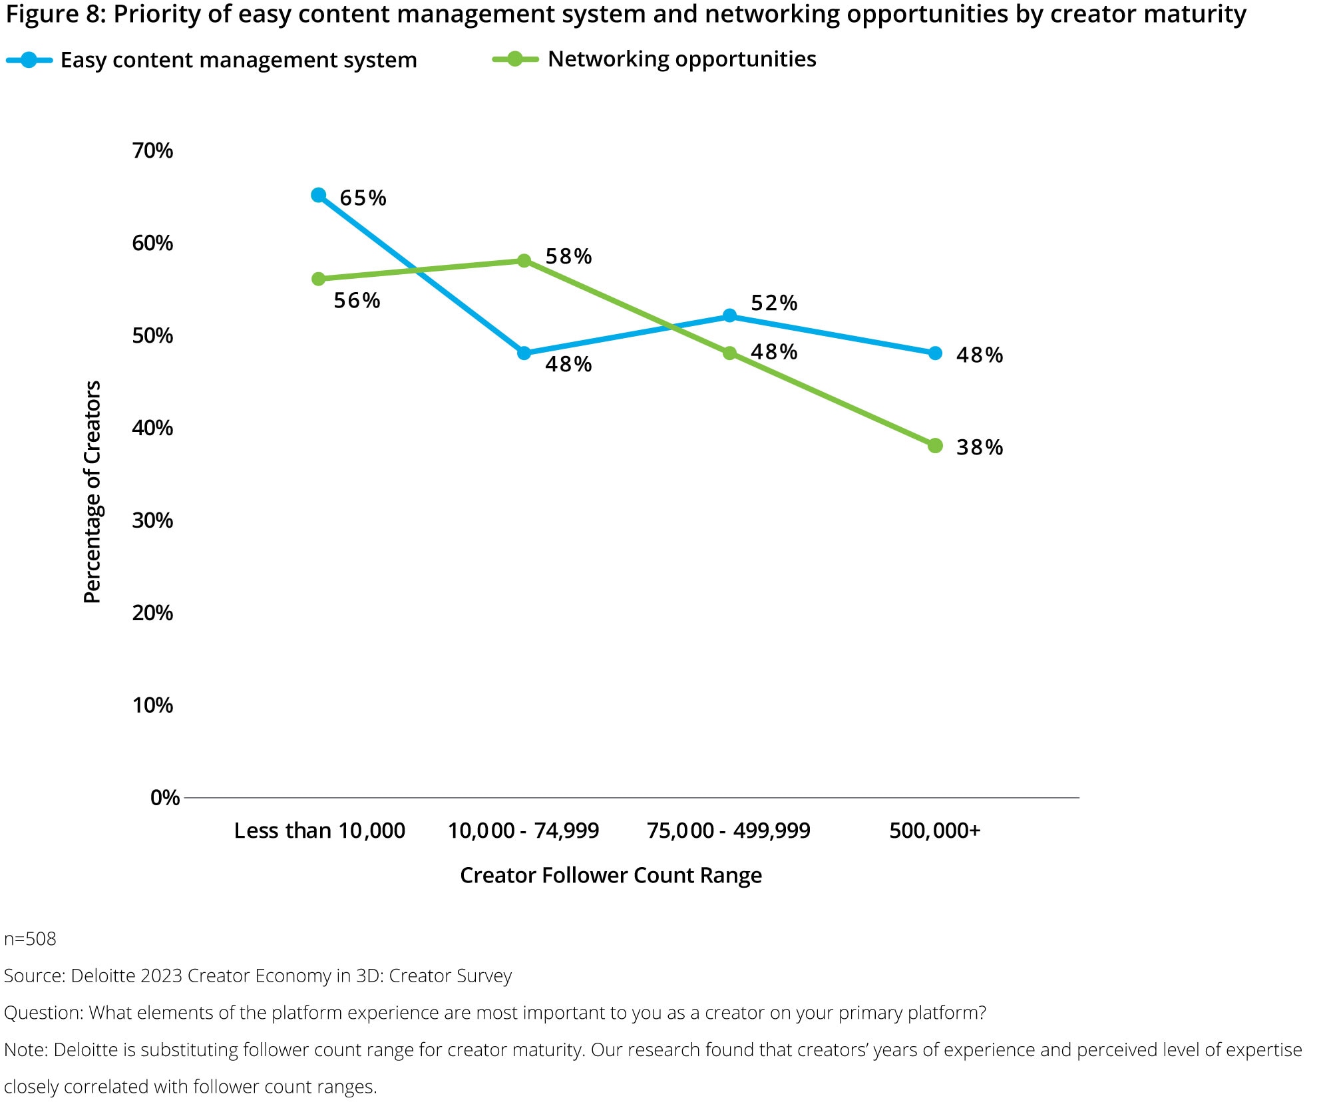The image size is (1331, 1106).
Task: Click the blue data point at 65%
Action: pyautogui.click(x=319, y=195)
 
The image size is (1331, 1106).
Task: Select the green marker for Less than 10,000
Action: pyautogui.click(x=319, y=279)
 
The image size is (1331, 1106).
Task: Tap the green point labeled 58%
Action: pyautogui.click(x=524, y=260)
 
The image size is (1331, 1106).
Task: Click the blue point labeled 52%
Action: pyautogui.click(x=729, y=315)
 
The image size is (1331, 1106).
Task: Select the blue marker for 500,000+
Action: pyautogui.click(x=935, y=353)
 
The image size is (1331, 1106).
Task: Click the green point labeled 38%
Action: pyautogui.click(x=935, y=445)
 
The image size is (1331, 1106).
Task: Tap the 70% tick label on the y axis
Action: pyautogui.click(x=152, y=151)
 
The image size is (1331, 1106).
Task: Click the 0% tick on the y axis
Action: pyautogui.click(x=165, y=797)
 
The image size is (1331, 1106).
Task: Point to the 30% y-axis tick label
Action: pyautogui.click(x=152, y=520)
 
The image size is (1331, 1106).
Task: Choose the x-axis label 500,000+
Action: pyautogui.click(x=935, y=830)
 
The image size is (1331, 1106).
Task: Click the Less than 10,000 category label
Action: pyautogui.click(x=319, y=830)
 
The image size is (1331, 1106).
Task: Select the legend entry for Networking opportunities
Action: pyautogui.click(x=681, y=59)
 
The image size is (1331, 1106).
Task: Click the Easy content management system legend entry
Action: pyautogui.click(x=238, y=61)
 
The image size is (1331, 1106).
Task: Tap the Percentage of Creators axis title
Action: pyautogui.click(x=92, y=492)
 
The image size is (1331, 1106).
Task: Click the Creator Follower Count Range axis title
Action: pyautogui.click(x=611, y=875)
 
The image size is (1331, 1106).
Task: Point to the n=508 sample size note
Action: pyautogui.click(x=30, y=939)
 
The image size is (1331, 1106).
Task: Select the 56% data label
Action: pyautogui.click(x=357, y=301)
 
